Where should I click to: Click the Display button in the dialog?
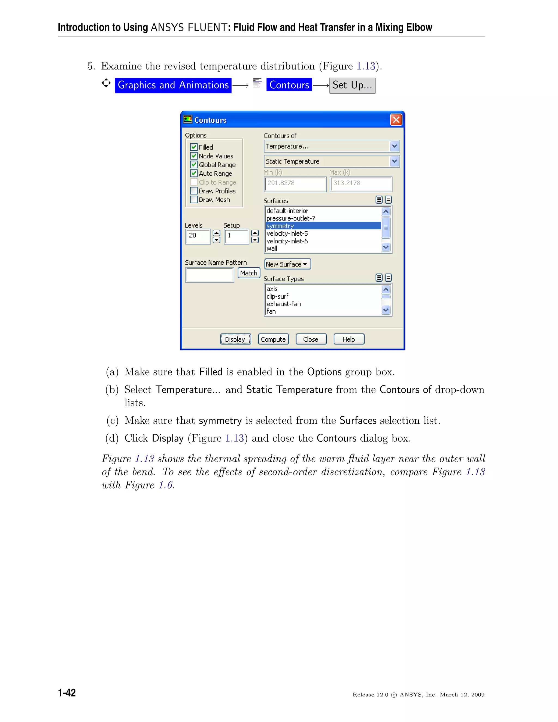tap(235, 339)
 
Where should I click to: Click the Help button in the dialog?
tap(349, 339)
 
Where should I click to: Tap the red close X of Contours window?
tap(396, 120)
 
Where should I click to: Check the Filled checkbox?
tap(194, 147)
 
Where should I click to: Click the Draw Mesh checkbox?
tap(194, 200)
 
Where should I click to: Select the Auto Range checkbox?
tap(194, 173)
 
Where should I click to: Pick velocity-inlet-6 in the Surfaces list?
tap(287, 241)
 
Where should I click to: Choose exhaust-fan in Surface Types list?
tap(284, 304)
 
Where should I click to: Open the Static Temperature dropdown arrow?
tap(394, 161)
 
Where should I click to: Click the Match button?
tap(248, 273)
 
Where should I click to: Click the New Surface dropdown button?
tap(287, 264)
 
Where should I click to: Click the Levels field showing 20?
tap(198, 236)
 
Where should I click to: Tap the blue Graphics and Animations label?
tap(173, 85)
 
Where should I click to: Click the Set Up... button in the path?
tap(352, 85)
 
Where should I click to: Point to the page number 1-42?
tap(67, 693)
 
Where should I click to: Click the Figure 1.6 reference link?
tap(166, 485)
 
